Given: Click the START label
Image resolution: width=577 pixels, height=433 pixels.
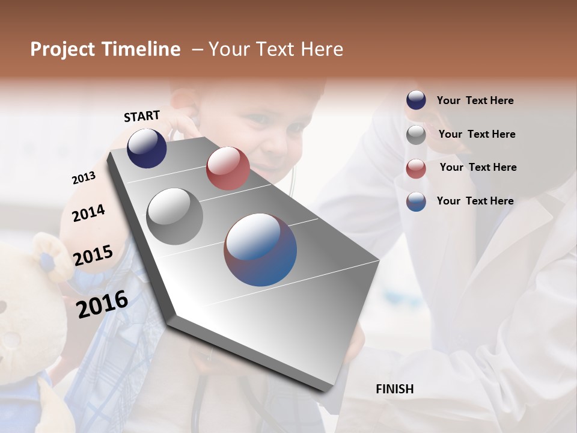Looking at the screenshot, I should click(x=142, y=116).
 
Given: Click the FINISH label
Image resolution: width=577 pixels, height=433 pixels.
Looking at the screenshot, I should click(x=395, y=389).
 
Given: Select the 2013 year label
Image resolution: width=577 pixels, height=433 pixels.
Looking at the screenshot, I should click(x=84, y=178).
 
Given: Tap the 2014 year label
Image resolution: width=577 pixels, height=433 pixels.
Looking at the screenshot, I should click(x=88, y=213).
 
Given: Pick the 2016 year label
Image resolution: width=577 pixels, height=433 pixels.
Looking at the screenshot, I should click(x=102, y=304).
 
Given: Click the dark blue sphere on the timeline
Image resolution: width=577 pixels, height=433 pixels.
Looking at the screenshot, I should click(x=147, y=148).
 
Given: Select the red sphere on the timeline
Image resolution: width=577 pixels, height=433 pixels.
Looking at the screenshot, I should click(x=228, y=168).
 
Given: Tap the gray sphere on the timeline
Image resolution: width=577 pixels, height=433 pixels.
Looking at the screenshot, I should click(x=175, y=216).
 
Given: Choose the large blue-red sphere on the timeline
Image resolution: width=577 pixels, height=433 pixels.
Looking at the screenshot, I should click(x=260, y=250).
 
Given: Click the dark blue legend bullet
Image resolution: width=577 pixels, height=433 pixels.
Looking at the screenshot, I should click(x=416, y=100).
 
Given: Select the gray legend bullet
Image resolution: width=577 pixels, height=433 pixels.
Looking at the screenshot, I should click(x=416, y=135).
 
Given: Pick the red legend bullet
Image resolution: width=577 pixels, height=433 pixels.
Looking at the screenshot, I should click(x=416, y=168).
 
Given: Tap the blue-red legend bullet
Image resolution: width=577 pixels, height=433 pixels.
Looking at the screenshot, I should click(x=416, y=201).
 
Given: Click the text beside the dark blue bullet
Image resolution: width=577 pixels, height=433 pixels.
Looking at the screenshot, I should click(x=475, y=100).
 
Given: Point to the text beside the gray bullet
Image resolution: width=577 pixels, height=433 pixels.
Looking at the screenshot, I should click(x=477, y=134).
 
